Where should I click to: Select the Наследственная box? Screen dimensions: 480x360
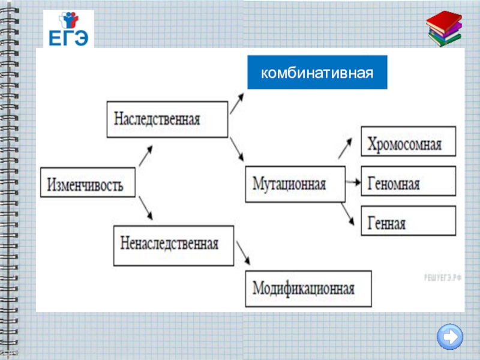[167, 118]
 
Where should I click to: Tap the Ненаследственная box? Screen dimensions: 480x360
[173, 245]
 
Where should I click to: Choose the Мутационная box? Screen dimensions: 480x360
[295, 184]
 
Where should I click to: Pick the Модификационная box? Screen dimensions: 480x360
[308, 289]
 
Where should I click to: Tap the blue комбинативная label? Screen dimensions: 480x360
[317, 73]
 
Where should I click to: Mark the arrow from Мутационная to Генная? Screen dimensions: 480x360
[347, 214]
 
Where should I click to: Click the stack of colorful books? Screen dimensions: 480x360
[445, 28]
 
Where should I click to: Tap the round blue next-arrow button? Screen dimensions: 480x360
[450, 336]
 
